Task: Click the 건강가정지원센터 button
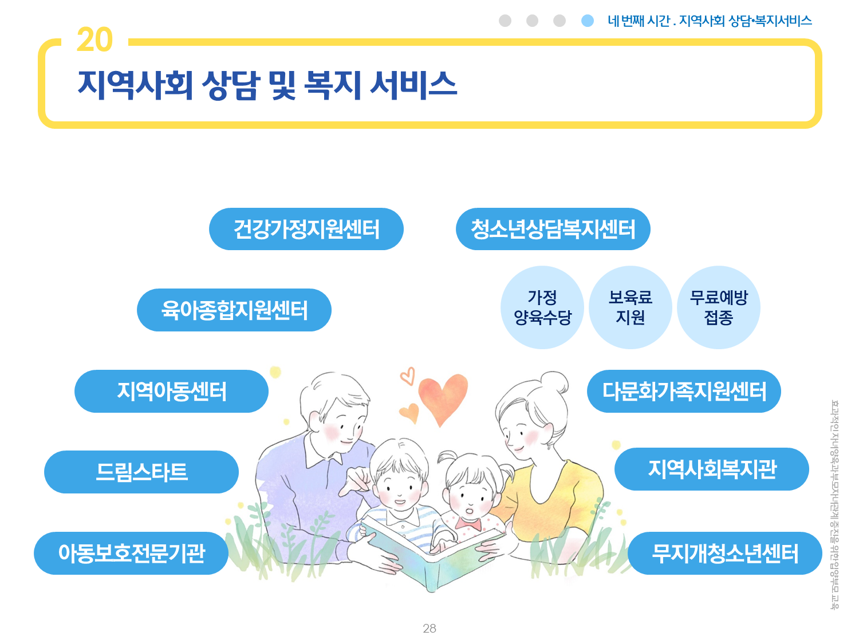tap(306, 229)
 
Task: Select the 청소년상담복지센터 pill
tap(553, 229)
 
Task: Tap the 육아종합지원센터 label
tap(234, 310)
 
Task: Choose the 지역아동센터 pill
tap(171, 391)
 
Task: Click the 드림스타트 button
tap(141, 472)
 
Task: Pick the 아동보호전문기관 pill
tap(131, 553)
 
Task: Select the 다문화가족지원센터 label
tap(684, 391)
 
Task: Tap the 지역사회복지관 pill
tap(711, 469)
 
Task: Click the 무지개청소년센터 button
tap(725, 553)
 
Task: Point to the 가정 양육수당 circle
tap(542, 307)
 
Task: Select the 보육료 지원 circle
tap(630, 307)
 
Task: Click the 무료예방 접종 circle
tap(719, 307)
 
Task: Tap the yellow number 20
tap(94, 39)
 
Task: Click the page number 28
tap(429, 628)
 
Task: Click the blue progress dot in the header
tap(588, 21)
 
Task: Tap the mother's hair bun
tap(554, 382)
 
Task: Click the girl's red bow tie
tap(468, 523)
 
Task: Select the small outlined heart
tap(407, 376)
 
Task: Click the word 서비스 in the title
tap(413, 85)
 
